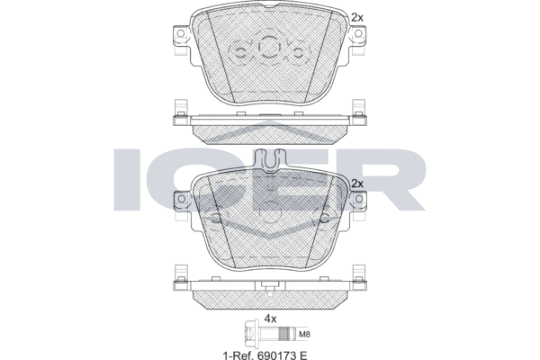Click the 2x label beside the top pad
357,17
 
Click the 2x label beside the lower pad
357,184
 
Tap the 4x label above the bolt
270,319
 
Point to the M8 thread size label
305,334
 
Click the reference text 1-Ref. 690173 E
265,355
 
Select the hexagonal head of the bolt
249,334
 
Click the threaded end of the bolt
287,334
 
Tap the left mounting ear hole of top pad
180,33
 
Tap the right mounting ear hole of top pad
358,33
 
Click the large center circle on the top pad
268,47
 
